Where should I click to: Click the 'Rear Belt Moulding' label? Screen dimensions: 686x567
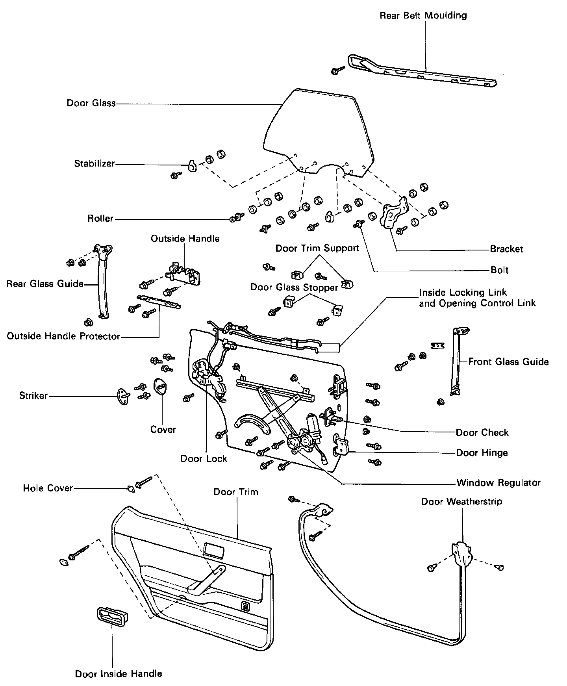point(423,16)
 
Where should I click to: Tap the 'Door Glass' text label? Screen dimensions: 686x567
point(91,103)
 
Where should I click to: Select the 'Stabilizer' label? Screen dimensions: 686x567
point(94,163)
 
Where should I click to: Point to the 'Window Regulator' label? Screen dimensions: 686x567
point(498,483)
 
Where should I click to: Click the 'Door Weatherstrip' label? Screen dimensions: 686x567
point(461,502)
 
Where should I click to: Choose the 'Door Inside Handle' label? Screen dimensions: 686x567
point(119,674)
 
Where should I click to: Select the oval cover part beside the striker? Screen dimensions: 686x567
point(160,388)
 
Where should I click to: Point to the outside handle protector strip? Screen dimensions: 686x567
point(159,302)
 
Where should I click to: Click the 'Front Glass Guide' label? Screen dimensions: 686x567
point(508,362)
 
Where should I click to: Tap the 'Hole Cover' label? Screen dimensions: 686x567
point(48,488)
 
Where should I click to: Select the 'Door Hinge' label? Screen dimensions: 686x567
point(482,453)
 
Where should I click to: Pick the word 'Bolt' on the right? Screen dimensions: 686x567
point(499,270)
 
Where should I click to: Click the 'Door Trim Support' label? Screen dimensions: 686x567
point(317,248)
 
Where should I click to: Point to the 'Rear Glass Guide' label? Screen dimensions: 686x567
point(45,284)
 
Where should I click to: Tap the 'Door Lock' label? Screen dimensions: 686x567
point(204,459)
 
